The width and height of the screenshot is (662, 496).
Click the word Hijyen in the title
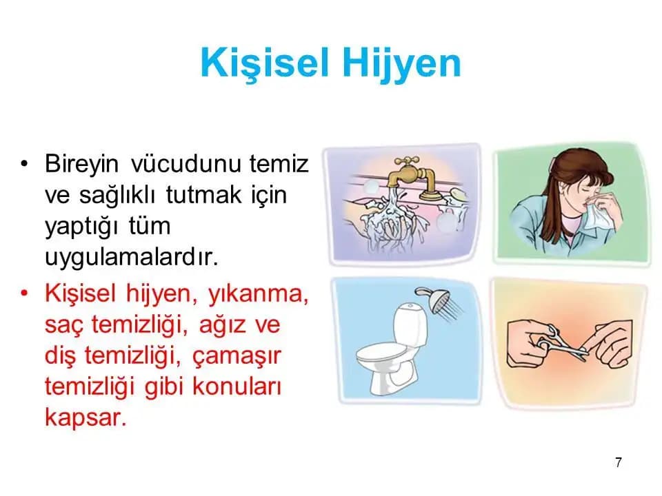[x=401, y=64]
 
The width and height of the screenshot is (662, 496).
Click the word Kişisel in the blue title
[x=265, y=63]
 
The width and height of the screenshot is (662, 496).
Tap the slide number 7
[x=619, y=462]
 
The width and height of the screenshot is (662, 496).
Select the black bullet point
[x=24, y=163]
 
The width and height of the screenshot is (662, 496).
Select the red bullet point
[x=24, y=293]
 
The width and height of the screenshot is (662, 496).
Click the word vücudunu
[x=186, y=164]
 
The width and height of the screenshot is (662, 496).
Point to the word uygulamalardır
[x=131, y=257]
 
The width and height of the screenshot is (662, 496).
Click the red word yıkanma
[x=258, y=293]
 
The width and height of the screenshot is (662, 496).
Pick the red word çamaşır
[x=237, y=356]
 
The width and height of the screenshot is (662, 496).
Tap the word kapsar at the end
[x=86, y=417]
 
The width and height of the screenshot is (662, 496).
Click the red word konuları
[x=237, y=386]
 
